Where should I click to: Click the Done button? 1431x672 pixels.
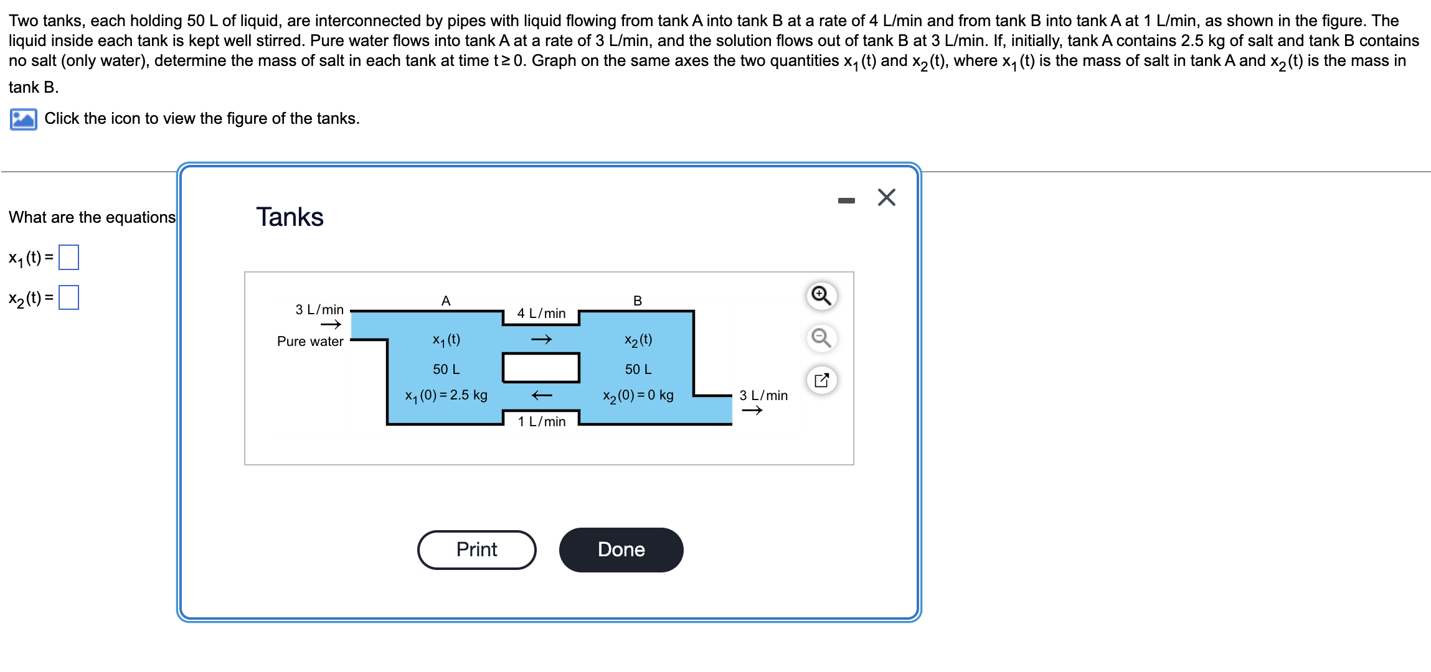click(x=621, y=549)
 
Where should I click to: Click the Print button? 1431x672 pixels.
click(x=476, y=549)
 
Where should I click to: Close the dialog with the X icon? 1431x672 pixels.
click(x=886, y=197)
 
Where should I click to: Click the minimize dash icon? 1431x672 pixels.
click(x=846, y=200)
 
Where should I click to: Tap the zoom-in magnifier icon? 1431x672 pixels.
click(x=821, y=296)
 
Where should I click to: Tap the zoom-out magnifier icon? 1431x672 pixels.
click(x=821, y=338)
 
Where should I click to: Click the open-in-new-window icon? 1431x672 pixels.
click(x=821, y=380)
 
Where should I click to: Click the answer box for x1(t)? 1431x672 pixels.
click(x=68, y=258)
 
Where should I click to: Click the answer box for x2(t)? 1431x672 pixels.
click(x=68, y=297)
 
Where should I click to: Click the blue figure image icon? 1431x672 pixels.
click(x=23, y=119)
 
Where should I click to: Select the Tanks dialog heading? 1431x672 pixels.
click(x=290, y=217)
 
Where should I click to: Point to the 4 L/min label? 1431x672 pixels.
click(x=541, y=313)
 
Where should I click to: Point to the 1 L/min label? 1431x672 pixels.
click(x=541, y=421)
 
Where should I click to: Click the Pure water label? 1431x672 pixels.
click(x=310, y=341)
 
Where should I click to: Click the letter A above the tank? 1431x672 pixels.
click(x=446, y=301)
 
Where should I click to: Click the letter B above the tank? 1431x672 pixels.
click(x=638, y=301)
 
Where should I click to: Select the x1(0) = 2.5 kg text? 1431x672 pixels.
click(x=446, y=395)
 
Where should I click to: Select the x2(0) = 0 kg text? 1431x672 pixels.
click(x=638, y=395)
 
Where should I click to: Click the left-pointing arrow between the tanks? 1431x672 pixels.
click(x=541, y=395)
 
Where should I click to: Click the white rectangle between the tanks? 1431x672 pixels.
click(x=541, y=368)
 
